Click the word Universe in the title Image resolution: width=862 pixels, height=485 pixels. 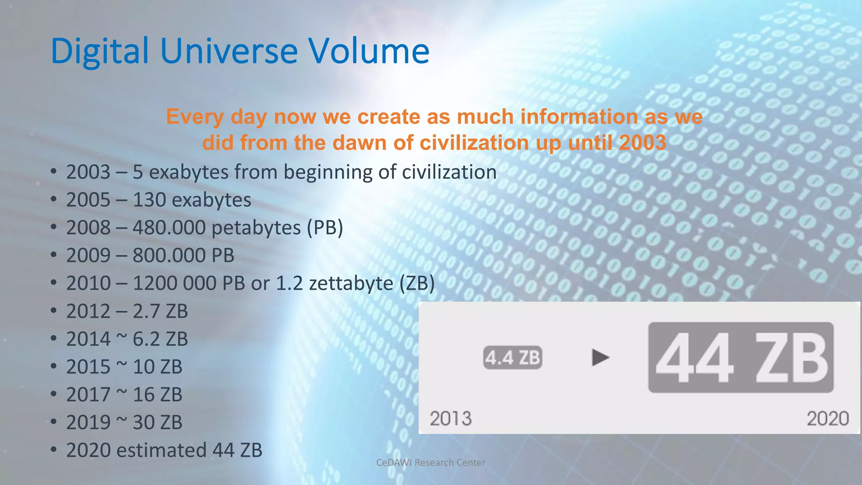[x=229, y=51]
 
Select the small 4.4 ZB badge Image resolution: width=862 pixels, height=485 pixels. [x=512, y=358]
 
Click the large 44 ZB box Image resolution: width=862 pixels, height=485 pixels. [x=740, y=358]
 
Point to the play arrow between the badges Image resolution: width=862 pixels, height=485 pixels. [x=600, y=357]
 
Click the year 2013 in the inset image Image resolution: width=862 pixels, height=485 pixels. [x=450, y=418]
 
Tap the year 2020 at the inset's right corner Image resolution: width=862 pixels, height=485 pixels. [x=827, y=418]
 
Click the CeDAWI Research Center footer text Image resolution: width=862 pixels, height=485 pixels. [x=431, y=462]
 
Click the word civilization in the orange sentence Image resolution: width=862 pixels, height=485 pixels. [x=474, y=143]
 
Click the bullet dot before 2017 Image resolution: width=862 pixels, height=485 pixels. [x=53, y=394]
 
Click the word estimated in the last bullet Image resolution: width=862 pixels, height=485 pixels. [x=161, y=450]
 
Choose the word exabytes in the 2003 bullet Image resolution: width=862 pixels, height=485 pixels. [x=189, y=172]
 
